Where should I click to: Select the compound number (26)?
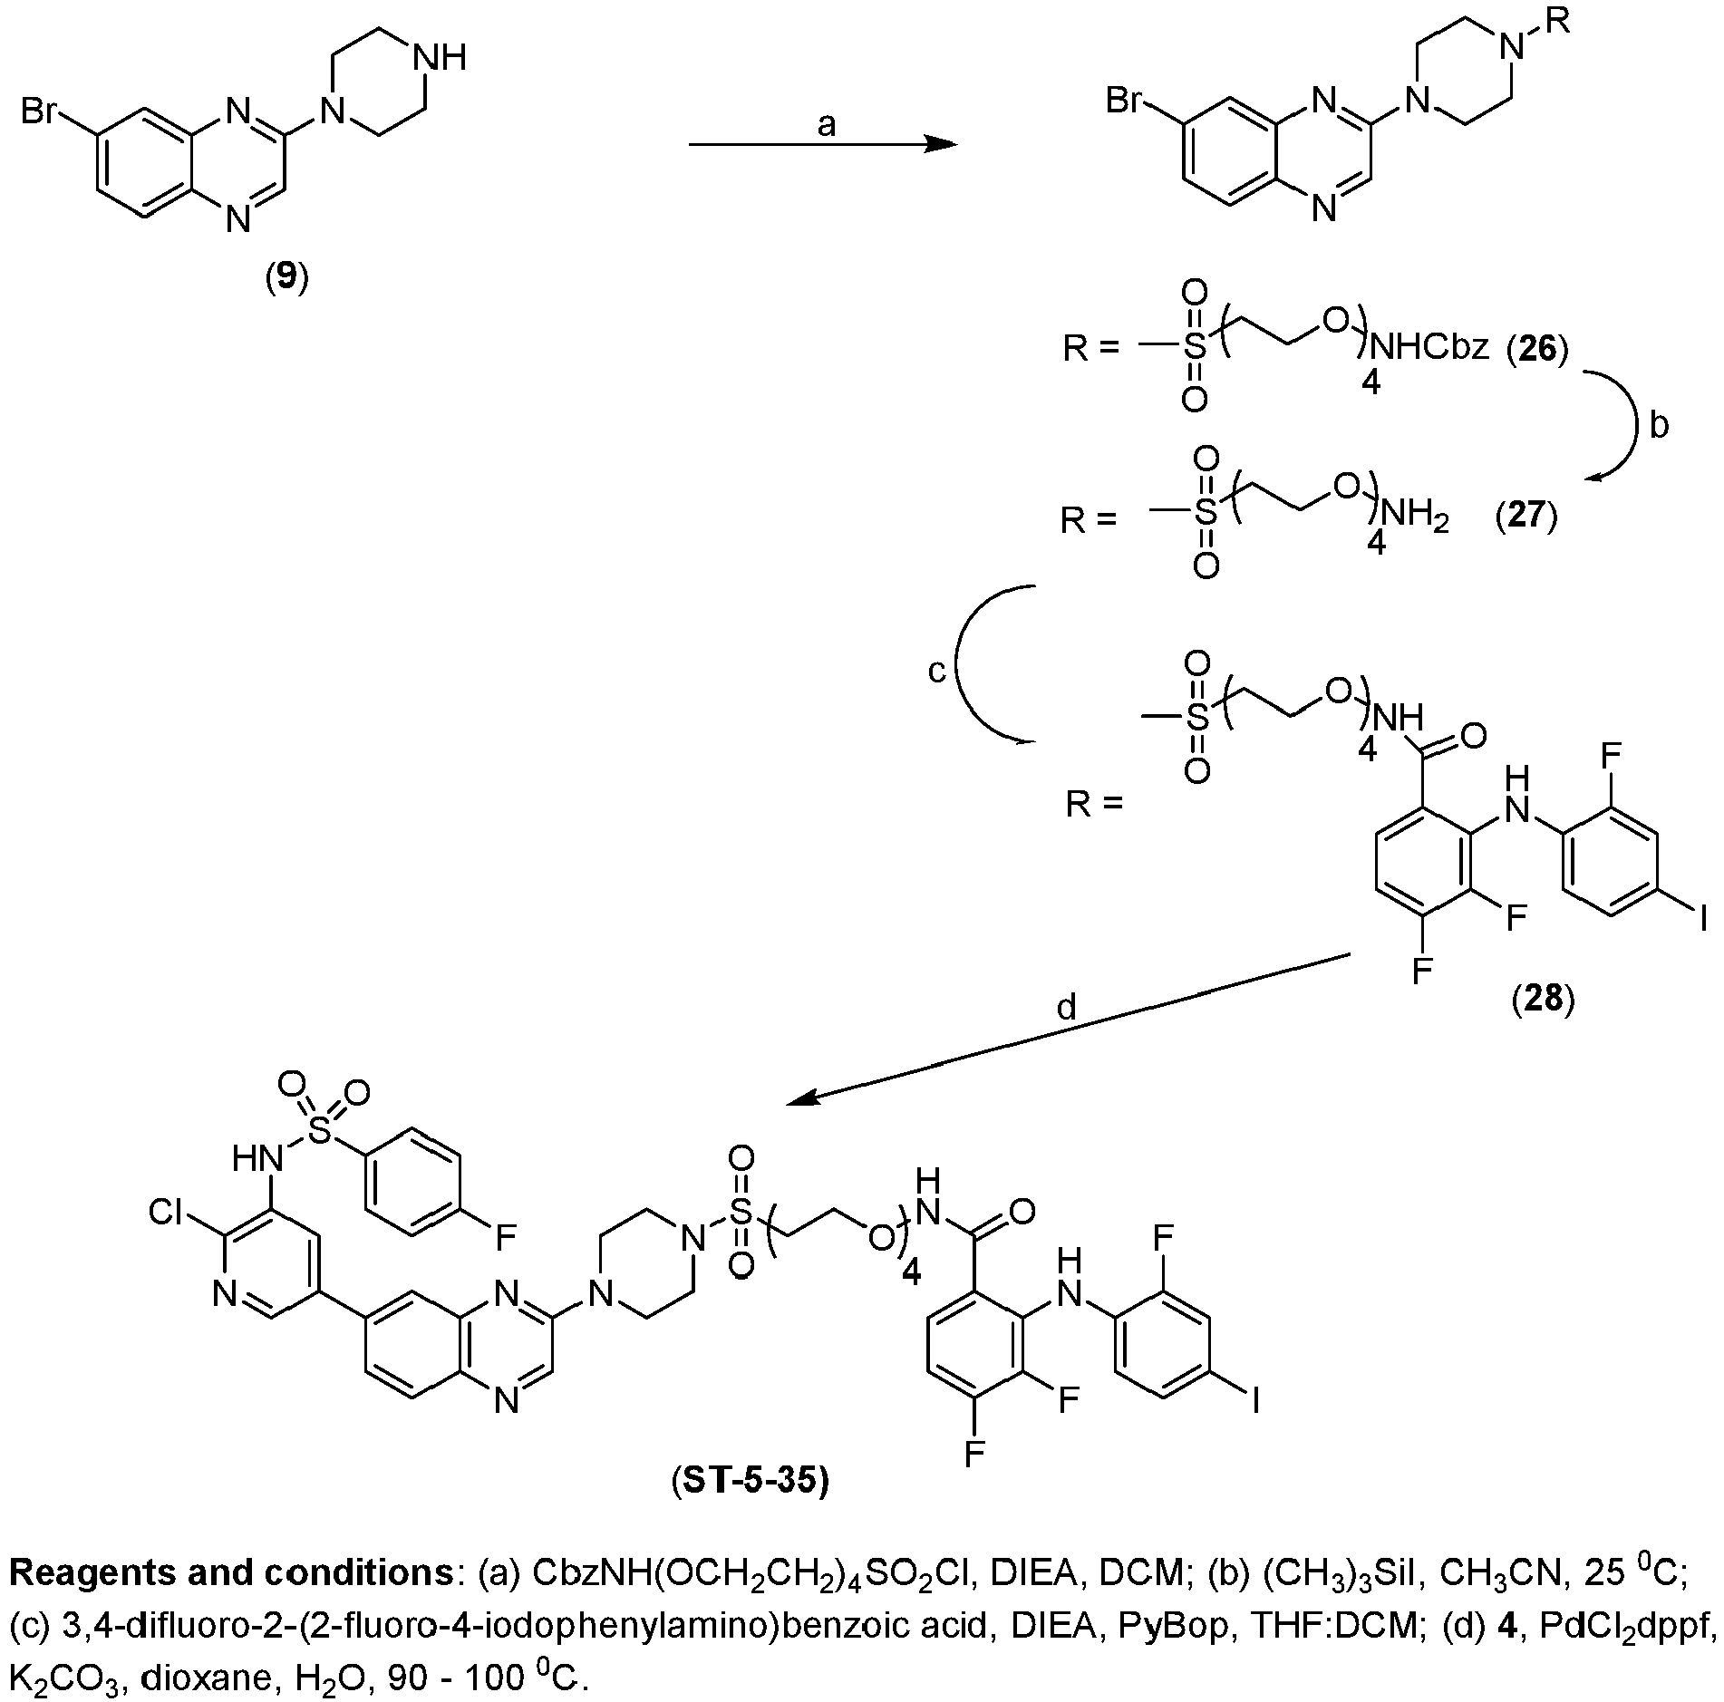tap(1538, 348)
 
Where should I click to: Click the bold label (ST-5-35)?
tap(751, 1480)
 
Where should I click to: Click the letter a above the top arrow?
tap(826, 125)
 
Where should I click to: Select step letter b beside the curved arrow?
tap(1659, 425)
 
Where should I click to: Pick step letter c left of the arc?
tap(937, 671)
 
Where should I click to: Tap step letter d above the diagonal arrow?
tap(1067, 1007)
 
